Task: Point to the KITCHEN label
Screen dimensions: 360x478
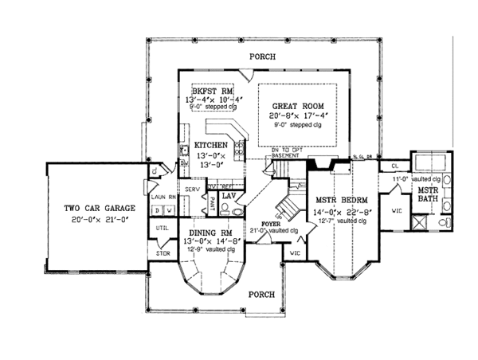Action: click(212, 146)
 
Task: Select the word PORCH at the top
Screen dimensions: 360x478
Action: click(262, 57)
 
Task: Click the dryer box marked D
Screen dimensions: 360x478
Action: click(157, 209)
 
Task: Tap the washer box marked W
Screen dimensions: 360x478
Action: click(170, 209)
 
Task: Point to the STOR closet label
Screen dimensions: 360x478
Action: click(163, 253)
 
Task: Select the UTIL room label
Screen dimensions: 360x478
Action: click(162, 229)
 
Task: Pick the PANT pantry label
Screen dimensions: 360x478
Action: click(213, 204)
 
